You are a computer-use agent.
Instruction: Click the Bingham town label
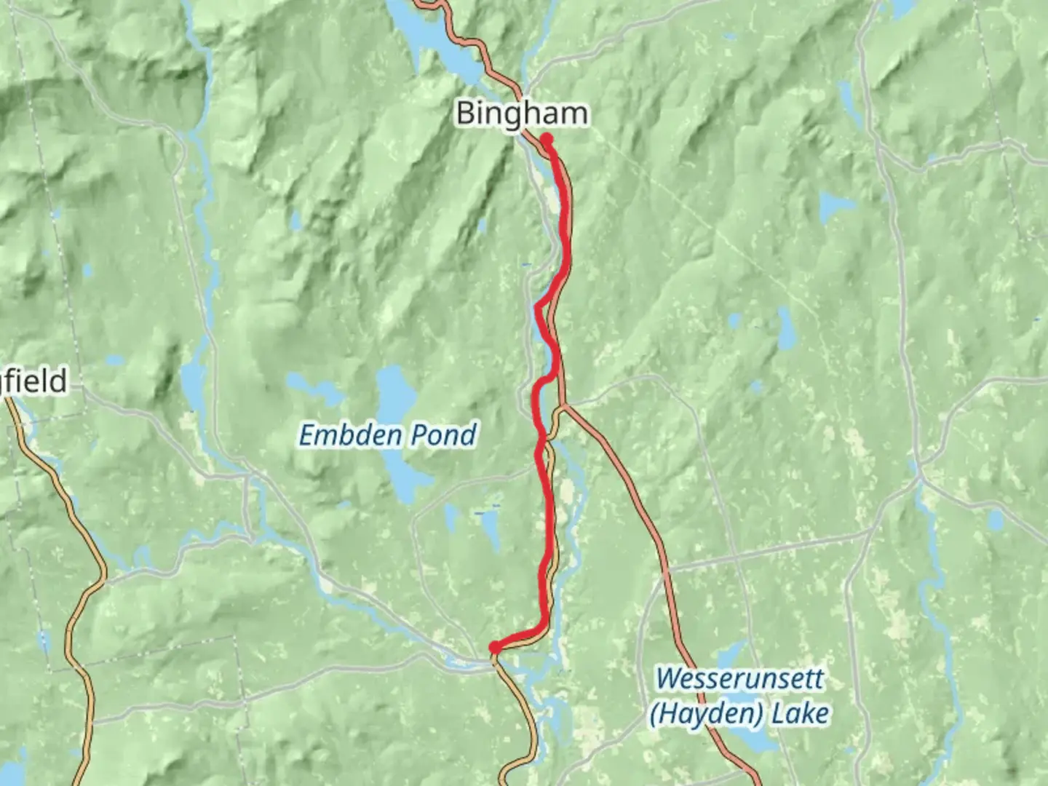coord(521,114)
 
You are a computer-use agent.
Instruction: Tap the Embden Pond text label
coord(388,435)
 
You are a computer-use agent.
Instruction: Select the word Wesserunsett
coord(739,679)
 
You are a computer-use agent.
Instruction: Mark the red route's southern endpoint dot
coord(494,647)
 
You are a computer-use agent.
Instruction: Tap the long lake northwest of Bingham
coord(437,44)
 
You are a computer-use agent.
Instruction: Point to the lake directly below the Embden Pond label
coord(399,477)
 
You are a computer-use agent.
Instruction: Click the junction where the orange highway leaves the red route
coord(562,405)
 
